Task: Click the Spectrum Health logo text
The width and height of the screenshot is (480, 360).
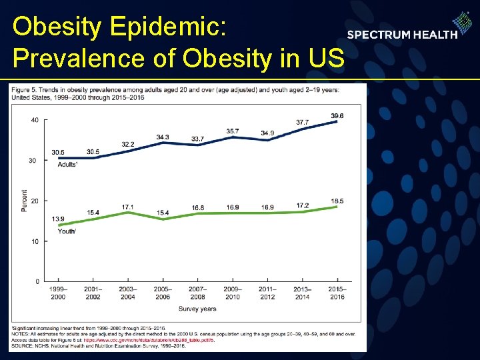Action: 402,35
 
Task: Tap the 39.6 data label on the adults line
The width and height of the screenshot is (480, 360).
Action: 337,116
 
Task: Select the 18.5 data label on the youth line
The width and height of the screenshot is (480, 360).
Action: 337,201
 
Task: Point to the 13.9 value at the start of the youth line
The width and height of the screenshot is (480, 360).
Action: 58,219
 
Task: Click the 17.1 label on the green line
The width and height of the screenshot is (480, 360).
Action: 127,207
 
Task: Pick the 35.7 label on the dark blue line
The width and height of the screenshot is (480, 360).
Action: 233,131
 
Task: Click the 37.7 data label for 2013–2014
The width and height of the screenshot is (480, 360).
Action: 303,123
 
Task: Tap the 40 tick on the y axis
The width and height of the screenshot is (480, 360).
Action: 34,120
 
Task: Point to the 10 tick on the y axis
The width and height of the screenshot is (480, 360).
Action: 34,241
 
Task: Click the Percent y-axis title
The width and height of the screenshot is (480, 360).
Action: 24,201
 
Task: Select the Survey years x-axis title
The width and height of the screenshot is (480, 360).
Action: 197,309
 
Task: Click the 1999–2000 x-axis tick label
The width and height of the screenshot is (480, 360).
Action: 58,293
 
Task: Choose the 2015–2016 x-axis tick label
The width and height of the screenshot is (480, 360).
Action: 337,293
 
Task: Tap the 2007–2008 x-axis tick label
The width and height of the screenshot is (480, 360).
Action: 197,293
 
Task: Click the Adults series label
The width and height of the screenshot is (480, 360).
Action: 67,164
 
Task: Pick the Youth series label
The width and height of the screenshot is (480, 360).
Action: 67,231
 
